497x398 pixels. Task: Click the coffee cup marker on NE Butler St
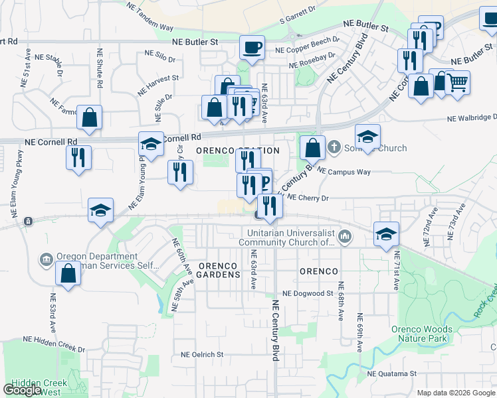[x=252, y=48]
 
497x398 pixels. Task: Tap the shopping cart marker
[x=456, y=84]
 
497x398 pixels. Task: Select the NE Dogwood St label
[x=307, y=293]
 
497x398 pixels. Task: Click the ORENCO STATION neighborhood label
[x=238, y=151]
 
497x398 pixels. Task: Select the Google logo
[x=23, y=390]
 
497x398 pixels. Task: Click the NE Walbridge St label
[x=472, y=118]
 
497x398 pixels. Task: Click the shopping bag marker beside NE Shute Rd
[x=89, y=118]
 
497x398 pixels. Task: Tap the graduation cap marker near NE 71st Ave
[x=386, y=233]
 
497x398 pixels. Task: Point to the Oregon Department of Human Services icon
[x=47, y=258]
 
